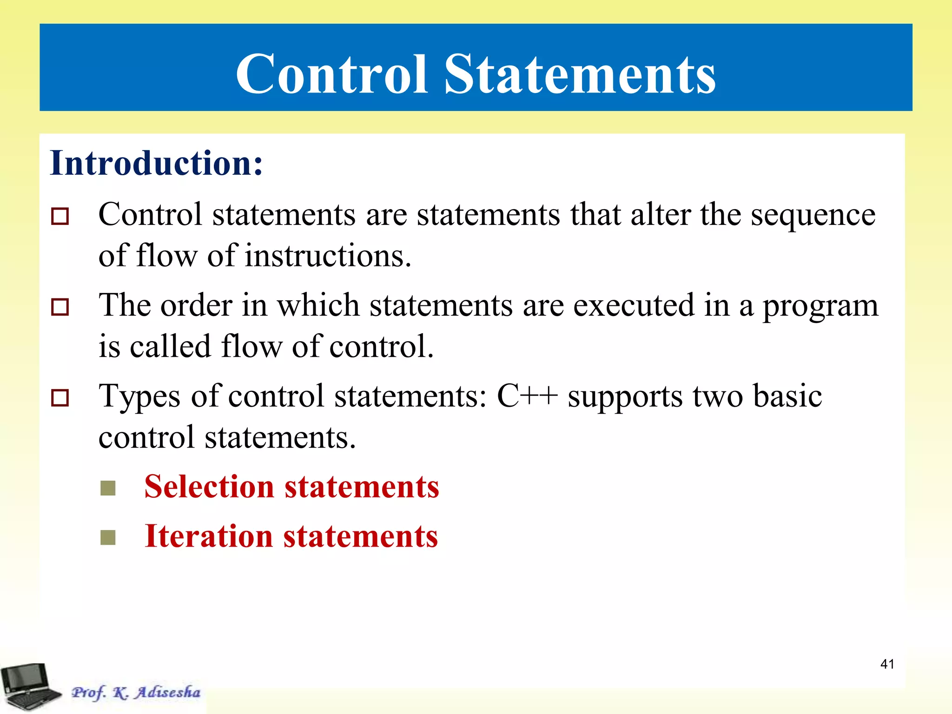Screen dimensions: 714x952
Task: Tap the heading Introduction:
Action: click(156, 163)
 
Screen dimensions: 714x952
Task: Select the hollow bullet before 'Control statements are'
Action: click(60, 217)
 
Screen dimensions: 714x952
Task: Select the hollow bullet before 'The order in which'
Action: click(60, 307)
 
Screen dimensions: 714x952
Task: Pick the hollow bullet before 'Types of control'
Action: click(60, 398)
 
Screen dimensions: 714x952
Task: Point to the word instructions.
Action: click(328, 257)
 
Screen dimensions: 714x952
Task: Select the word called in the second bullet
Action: click(170, 347)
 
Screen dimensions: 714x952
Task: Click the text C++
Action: click(527, 396)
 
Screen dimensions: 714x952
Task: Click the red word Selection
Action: click(209, 487)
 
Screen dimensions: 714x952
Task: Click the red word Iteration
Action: click(208, 536)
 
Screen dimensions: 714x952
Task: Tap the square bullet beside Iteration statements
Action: click(108, 538)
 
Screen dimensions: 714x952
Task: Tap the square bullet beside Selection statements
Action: click(108, 489)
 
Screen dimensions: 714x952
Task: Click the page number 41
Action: click(887, 664)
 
